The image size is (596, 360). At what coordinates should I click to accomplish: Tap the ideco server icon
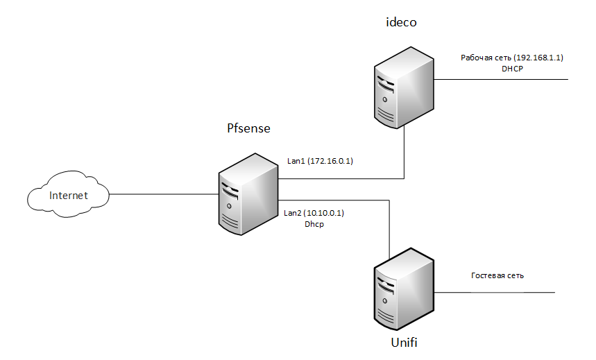click(x=404, y=90)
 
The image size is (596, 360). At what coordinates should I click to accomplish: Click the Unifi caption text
click(x=405, y=343)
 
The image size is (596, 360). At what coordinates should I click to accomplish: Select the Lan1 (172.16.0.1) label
click(x=321, y=161)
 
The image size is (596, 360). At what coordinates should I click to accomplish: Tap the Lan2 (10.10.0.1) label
click(x=314, y=213)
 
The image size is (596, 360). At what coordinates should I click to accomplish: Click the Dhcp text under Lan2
click(x=314, y=225)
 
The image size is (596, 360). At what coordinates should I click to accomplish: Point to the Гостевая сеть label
click(x=497, y=275)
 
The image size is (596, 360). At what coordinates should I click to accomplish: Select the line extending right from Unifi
click(x=495, y=292)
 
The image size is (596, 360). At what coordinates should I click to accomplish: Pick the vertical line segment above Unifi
click(x=389, y=229)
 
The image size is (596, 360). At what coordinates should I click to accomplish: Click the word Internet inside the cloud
click(x=69, y=196)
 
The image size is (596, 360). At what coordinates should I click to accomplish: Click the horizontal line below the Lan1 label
click(x=340, y=178)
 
